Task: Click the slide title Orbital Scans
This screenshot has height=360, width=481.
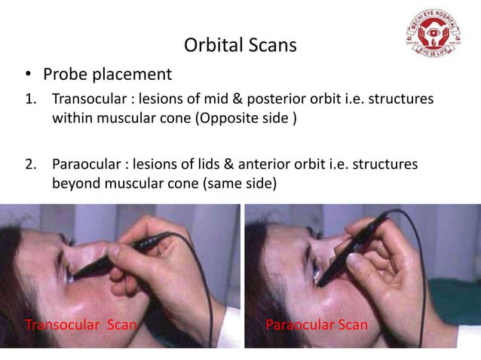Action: coord(240,46)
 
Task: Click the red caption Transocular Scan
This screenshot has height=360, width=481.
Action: coord(81,325)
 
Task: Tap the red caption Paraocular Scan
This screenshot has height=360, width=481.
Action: coord(317,325)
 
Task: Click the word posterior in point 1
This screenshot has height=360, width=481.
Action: coord(270,100)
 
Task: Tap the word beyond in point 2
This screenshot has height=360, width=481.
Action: coord(75,183)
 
